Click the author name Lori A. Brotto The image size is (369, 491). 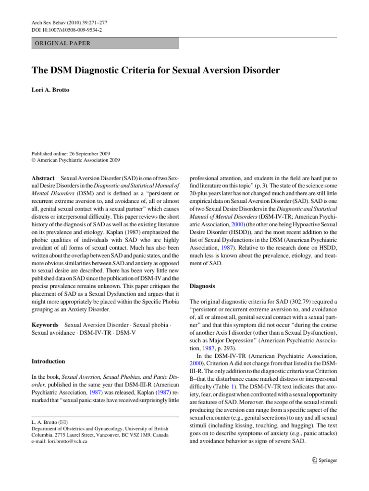click(52, 90)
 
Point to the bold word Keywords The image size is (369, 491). click(45, 325)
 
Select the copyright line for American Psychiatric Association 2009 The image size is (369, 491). click(75, 161)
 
